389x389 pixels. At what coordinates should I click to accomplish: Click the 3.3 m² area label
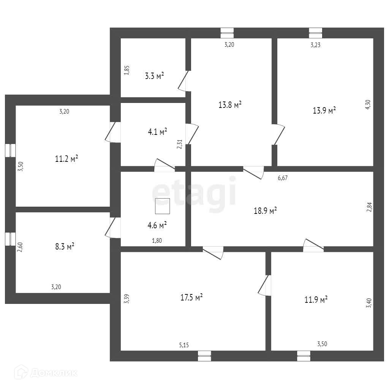[155, 76]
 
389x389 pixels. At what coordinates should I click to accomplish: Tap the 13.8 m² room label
[230, 105]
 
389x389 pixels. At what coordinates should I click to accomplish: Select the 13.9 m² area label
[324, 111]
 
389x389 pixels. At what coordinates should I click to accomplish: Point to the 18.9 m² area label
[265, 211]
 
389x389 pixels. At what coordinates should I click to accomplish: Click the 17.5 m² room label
[191, 297]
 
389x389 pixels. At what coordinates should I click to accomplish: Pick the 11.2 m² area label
[66, 158]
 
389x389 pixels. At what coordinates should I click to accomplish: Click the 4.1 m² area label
[158, 132]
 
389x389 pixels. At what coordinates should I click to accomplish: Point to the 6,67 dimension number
[282, 178]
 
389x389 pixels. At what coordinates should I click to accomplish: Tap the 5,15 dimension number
[184, 345]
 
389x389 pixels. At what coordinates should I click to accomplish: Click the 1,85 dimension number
[127, 71]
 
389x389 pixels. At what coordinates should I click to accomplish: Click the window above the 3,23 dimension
[315, 33]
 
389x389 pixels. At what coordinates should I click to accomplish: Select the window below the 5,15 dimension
[204, 356]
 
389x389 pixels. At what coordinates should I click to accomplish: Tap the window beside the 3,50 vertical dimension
[10, 150]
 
